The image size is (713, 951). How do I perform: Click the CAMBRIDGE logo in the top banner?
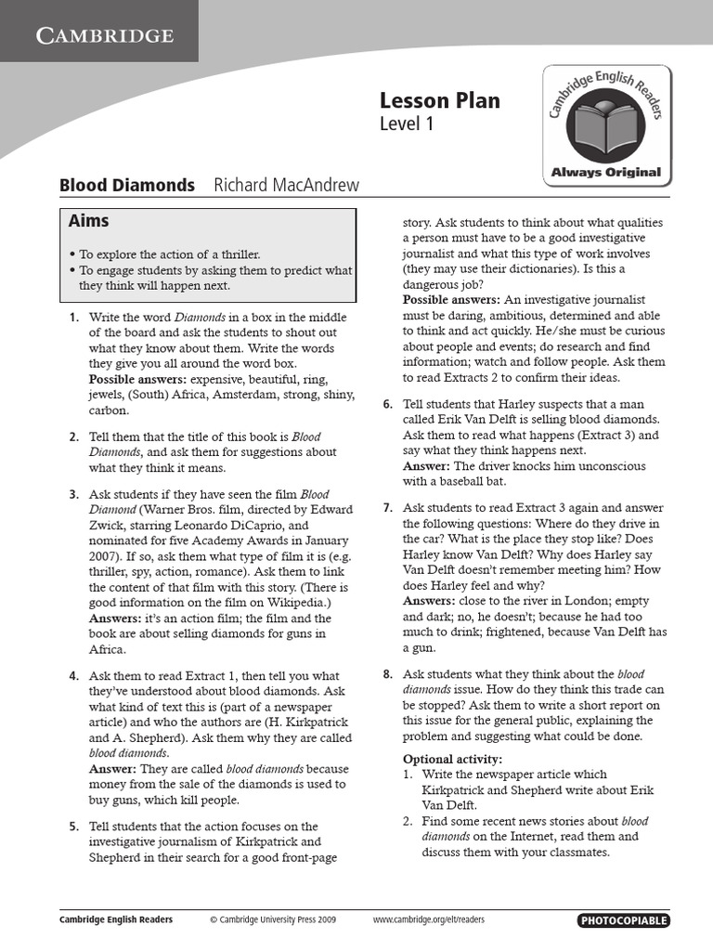pos(105,36)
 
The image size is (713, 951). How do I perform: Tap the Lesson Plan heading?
pos(439,100)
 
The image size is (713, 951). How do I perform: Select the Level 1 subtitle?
pos(407,124)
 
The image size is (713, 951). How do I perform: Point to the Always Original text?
pos(605,172)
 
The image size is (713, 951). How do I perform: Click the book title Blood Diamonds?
pos(127,185)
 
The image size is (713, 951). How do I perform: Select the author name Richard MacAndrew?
pos(286,185)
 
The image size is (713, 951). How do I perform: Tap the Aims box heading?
pos(89,221)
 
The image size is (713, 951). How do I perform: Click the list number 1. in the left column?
pos(73,318)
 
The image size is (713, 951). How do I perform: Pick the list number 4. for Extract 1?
pos(73,676)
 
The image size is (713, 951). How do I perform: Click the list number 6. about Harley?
pos(387,404)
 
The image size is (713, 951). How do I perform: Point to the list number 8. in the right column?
pos(387,674)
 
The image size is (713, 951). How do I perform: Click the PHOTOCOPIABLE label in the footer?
pos(623,920)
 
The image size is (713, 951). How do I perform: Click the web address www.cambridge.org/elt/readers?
pos(428,920)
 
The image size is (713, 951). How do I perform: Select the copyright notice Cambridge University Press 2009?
pos(273,920)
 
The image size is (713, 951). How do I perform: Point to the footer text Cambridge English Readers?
pos(116,920)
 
